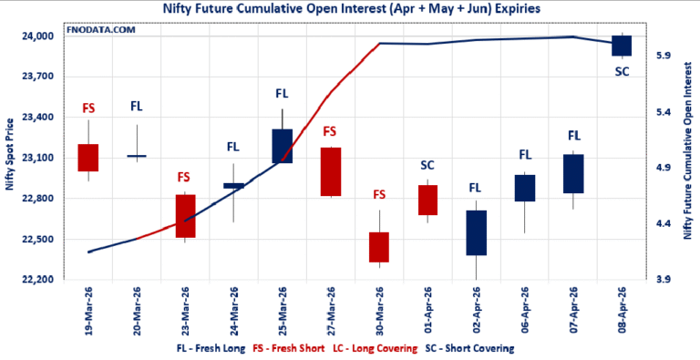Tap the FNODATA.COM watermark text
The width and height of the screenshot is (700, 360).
pyautogui.click(x=99, y=30)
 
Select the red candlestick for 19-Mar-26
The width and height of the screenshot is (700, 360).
pyautogui.click(x=88, y=157)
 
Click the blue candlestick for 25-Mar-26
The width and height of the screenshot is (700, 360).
pyautogui.click(x=283, y=146)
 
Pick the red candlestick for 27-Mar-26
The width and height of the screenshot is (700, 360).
pyautogui.click(x=330, y=171)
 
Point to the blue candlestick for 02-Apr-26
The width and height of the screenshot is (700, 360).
pyautogui.click(x=476, y=232)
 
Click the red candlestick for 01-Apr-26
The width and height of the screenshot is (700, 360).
pyautogui.click(x=427, y=200)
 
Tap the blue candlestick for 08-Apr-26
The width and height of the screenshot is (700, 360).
pyautogui.click(x=622, y=46)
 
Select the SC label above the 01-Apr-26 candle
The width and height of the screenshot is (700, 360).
pyautogui.click(x=427, y=165)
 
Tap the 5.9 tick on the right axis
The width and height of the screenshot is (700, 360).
pyautogui.click(x=664, y=57)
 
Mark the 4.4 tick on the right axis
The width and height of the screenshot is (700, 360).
pyautogui.click(x=664, y=224)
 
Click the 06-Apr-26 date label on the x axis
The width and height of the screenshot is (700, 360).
pyautogui.click(x=526, y=310)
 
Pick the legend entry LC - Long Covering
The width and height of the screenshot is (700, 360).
pyautogui.click(x=375, y=348)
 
